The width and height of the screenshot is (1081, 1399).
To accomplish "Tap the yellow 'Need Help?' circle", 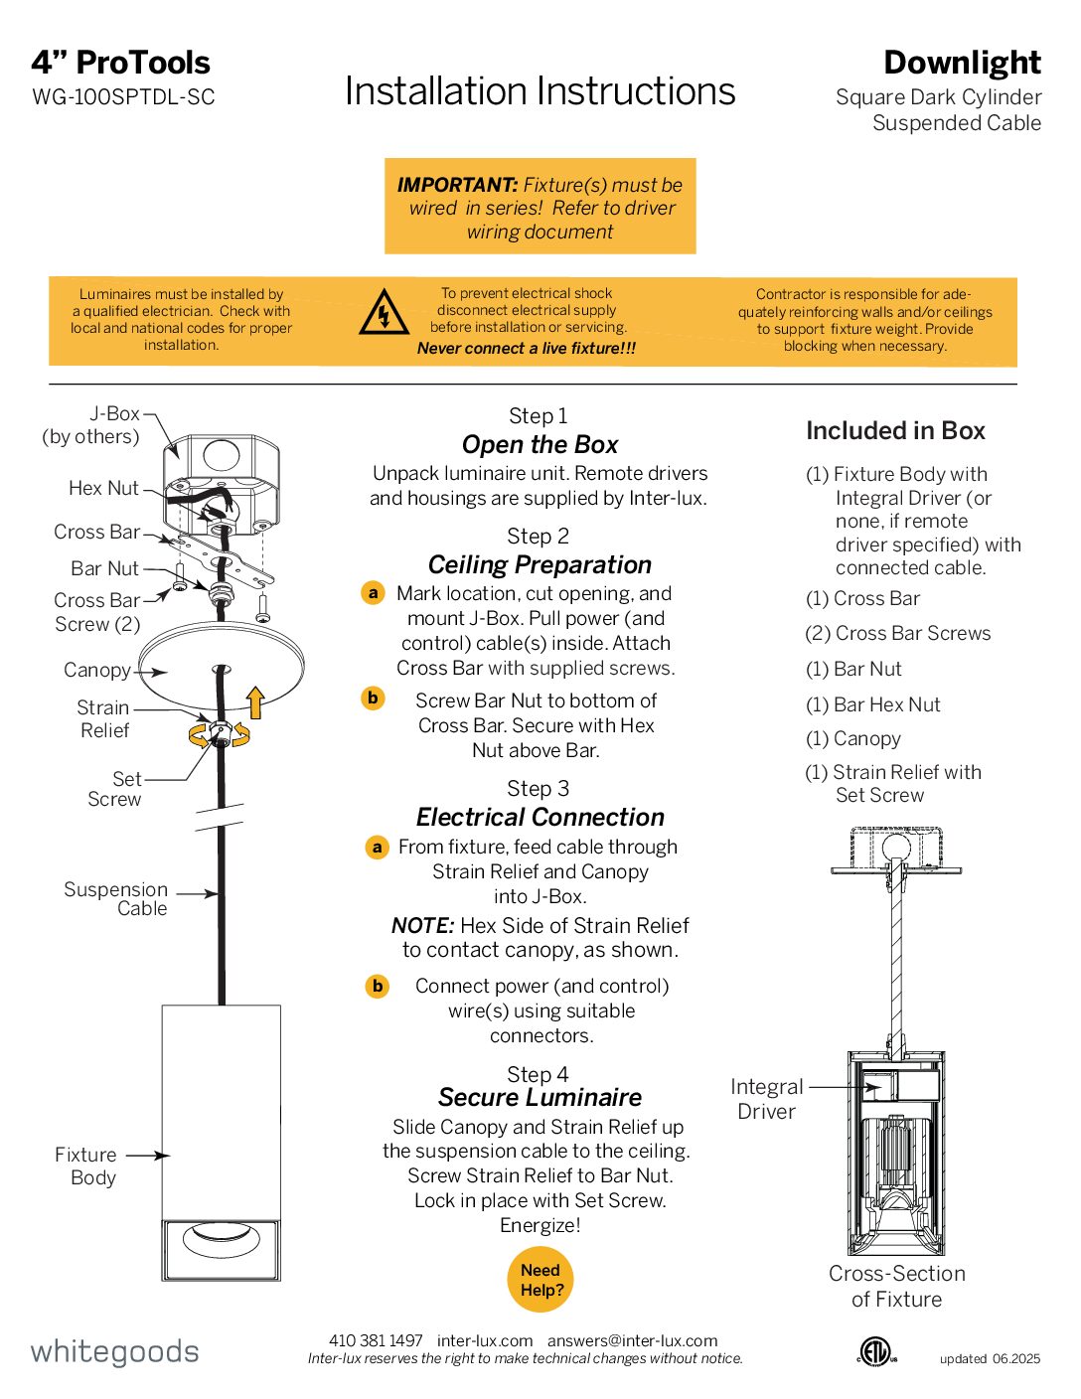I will pos(540,1280).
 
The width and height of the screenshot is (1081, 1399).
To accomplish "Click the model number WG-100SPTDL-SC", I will pos(123,97).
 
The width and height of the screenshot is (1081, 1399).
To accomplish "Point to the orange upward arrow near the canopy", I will pos(255,701).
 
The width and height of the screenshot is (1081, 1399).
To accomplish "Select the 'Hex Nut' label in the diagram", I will pos(103,488).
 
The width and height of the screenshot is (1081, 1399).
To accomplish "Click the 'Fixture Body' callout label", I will pos(87,1166).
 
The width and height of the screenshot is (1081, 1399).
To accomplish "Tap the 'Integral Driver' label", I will pos(766,1099).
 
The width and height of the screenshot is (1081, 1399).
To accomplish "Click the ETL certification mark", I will pos(876,1351).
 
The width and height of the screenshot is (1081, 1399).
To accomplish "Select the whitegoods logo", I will pos(115,1351).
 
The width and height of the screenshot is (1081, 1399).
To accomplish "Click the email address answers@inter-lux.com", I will pos(632,1340).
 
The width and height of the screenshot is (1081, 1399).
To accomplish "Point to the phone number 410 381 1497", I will pos(376,1340).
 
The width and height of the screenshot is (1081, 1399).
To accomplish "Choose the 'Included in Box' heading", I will pos(895,430).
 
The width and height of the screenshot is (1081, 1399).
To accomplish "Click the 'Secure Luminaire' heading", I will pos(540,1097).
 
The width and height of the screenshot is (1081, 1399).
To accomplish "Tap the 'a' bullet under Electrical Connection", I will pos(377,848).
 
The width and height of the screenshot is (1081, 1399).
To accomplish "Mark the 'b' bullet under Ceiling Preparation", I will pos(373,698).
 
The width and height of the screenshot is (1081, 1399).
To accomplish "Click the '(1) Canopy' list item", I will pos(853,738).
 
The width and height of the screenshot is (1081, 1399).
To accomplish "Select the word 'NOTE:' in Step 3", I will pos(422,925).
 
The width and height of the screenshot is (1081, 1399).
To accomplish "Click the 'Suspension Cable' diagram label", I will pos(116,899).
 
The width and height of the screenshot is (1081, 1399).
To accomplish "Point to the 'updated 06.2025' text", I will pos(990,1358).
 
